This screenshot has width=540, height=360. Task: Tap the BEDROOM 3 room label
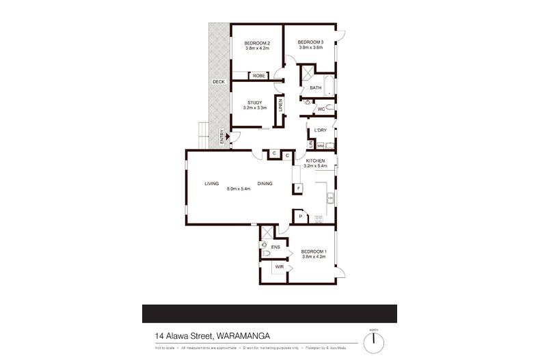tap(310, 42)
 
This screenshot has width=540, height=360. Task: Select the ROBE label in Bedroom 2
tap(258, 76)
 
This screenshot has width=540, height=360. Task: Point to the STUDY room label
tap(255, 102)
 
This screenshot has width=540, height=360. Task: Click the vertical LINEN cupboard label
tap(280, 107)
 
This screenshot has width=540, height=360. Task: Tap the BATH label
tap(315, 88)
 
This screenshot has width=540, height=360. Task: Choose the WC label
tap(321, 109)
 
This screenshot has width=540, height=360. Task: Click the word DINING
tap(265, 183)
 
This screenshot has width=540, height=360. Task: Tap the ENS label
tap(276, 247)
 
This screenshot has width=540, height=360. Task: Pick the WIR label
tap(279, 267)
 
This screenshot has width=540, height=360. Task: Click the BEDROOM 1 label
tap(314, 251)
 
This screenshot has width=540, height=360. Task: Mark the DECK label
tap(218, 82)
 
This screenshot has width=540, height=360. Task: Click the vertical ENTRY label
tap(221, 136)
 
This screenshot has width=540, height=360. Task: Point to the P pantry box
tap(301, 217)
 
